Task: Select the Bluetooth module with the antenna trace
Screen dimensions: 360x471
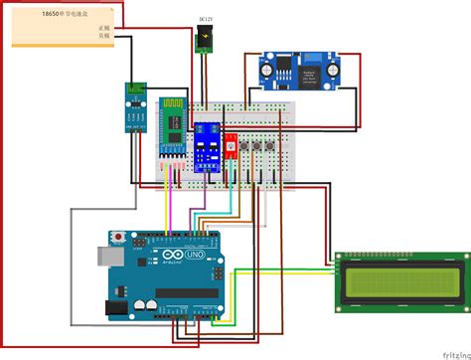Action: tap(174, 132)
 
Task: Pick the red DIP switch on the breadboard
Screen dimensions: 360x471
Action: tap(231, 145)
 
